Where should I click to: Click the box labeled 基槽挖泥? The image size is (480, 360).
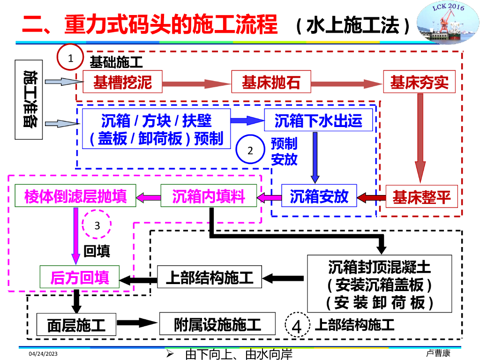(x=123, y=83)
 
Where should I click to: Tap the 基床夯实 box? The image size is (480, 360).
(x=419, y=83)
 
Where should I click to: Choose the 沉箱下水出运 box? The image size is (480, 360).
(x=318, y=120)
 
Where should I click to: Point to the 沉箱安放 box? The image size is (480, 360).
(x=319, y=196)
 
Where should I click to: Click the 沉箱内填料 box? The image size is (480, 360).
(x=209, y=196)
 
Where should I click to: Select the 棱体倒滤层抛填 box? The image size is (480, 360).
(x=75, y=196)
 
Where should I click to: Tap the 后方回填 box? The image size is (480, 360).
(x=80, y=277)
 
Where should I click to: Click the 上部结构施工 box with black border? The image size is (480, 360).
(x=210, y=277)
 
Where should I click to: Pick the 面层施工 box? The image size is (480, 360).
(x=76, y=324)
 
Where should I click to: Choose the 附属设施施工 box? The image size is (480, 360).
(x=217, y=324)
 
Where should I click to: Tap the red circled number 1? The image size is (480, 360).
(x=70, y=58)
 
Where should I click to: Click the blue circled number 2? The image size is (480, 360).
(x=250, y=150)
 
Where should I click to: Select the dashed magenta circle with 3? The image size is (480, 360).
(x=97, y=225)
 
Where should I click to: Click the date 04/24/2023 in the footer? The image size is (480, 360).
(x=43, y=353)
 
